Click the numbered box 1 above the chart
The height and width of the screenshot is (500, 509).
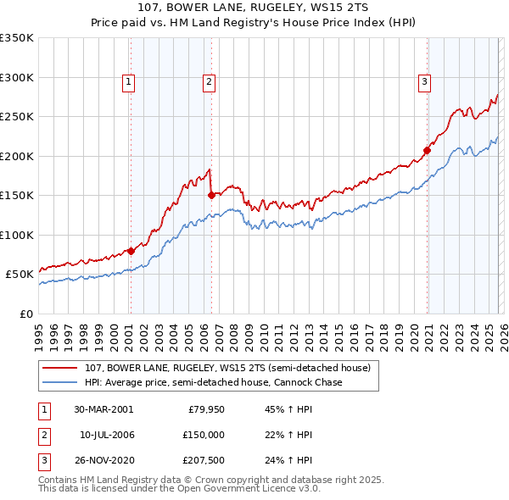128,82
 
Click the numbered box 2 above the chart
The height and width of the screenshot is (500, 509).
208,82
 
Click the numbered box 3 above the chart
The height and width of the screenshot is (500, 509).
423,82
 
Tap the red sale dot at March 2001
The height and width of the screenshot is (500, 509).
131,251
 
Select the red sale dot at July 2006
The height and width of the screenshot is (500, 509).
210,195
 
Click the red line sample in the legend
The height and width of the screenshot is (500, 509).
61,369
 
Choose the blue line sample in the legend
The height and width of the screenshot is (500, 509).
61,383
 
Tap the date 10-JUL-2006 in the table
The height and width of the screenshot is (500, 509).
107,435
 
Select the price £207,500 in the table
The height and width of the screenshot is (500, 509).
203,461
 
